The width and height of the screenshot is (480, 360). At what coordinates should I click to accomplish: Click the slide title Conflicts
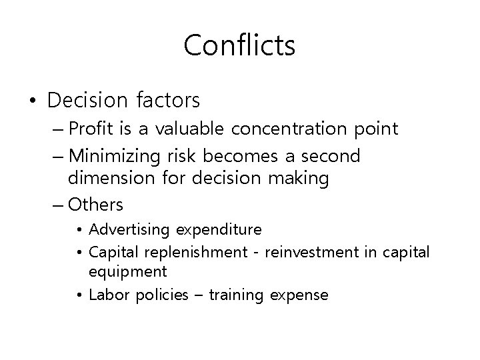point(239,45)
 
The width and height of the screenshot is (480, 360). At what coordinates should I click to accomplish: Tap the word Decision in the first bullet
point(87,101)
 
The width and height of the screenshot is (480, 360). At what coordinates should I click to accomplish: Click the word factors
point(167,101)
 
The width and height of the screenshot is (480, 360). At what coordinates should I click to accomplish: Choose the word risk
point(183,157)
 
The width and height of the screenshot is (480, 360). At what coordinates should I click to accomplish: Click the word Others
point(95,203)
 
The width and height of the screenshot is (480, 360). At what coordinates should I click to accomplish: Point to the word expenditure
point(219,230)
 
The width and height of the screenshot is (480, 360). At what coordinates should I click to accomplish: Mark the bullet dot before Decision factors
point(31,101)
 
